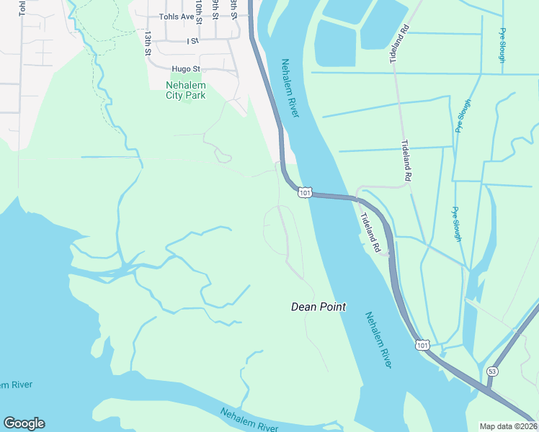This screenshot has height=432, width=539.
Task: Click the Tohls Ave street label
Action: tap(177, 16)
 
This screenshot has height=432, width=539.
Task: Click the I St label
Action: tap(192, 42)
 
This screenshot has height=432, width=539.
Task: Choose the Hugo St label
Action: tap(184, 70)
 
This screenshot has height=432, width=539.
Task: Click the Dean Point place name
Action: tap(318, 307)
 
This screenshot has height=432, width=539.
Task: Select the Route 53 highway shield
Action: tap(492, 371)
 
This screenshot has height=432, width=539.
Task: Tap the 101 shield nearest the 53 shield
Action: tap(422, 346)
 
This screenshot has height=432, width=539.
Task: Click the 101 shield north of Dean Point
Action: tap(305, 193)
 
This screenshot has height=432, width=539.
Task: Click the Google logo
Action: tap(24, 423)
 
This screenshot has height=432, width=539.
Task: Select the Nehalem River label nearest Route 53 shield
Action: tap(378, 340)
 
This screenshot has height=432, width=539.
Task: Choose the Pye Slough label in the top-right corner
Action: tap(502, 45)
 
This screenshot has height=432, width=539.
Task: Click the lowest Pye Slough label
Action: tap(456, 224)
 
